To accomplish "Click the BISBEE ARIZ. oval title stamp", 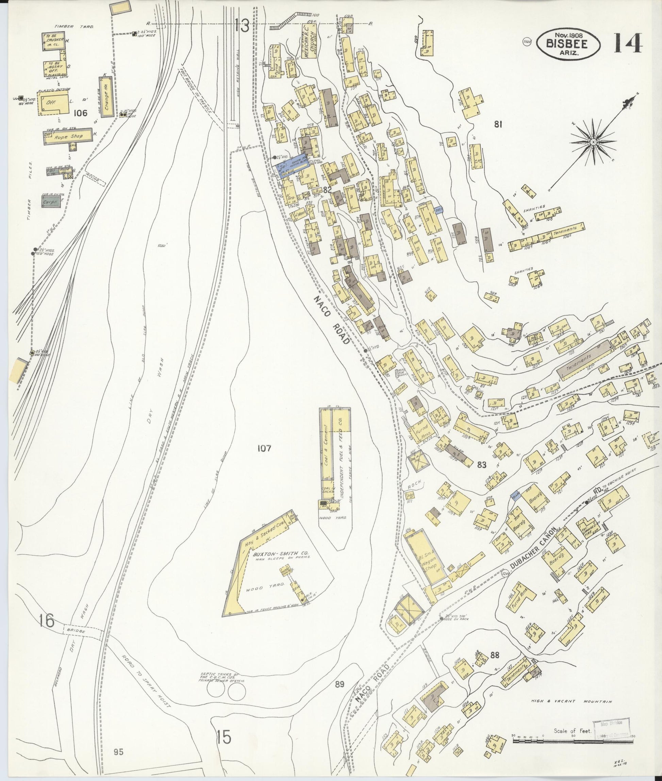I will pyautogui.click(x=568, y=44).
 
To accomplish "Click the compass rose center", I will pyautogui.click(x=593, y=142).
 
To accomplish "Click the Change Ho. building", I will pyautogui.click(x=106, y=97).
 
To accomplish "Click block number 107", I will pyautogui.click(x=264, y=448).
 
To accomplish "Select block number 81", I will pyautogui.click(x=498, y=124).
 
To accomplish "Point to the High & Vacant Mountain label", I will pyautogui.click(x=571, y=701).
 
